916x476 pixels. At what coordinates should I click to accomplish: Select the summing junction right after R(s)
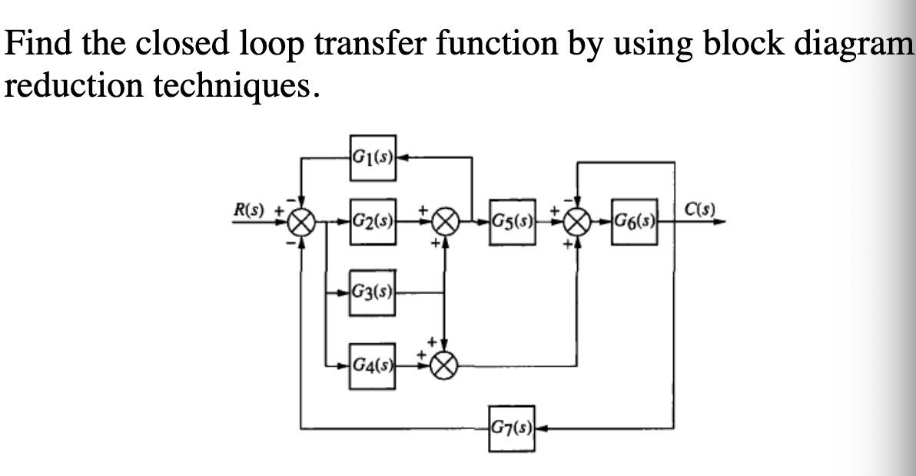[300, 223]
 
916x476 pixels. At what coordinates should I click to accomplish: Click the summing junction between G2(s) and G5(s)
[444, 223]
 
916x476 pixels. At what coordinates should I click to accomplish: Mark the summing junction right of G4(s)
[444, 367]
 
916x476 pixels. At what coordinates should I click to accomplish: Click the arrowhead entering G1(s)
[402, 159]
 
